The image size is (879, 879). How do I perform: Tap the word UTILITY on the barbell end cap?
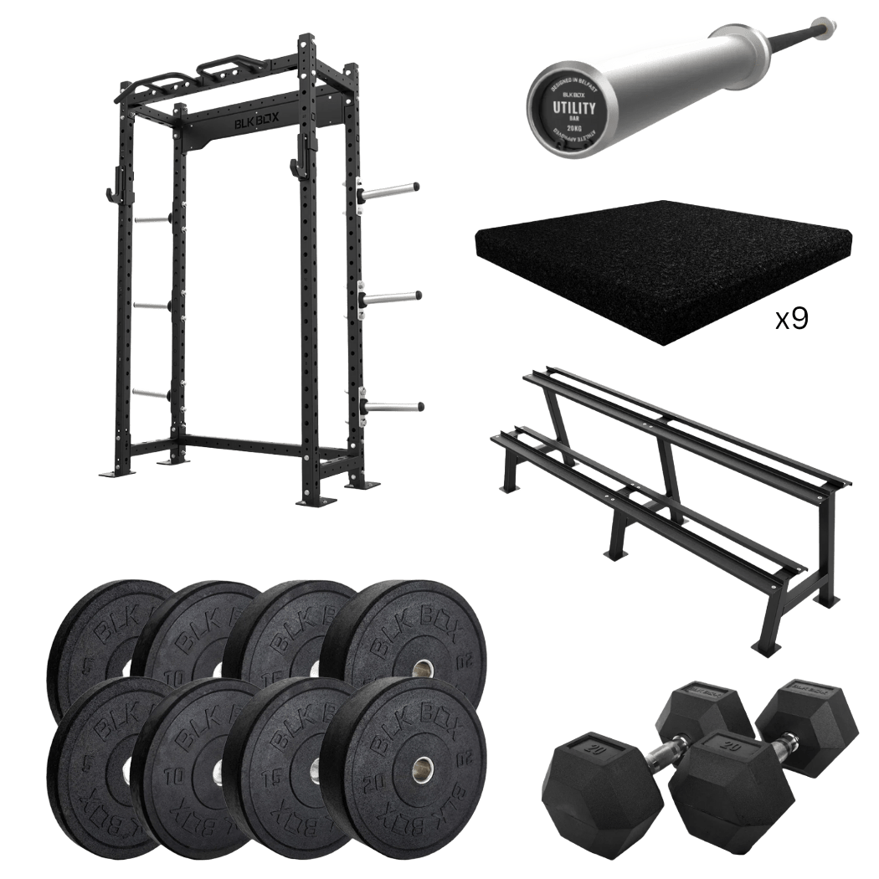click(573, 109)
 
